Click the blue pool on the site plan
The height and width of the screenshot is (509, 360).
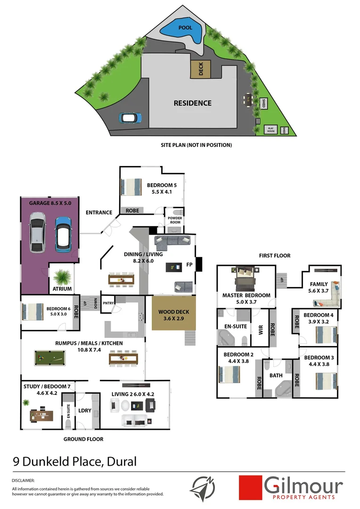(x=183, y=32)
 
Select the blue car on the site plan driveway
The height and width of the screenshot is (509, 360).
(x=130, y=117)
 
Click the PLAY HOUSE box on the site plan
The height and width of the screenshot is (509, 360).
(x=271, y=129)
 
